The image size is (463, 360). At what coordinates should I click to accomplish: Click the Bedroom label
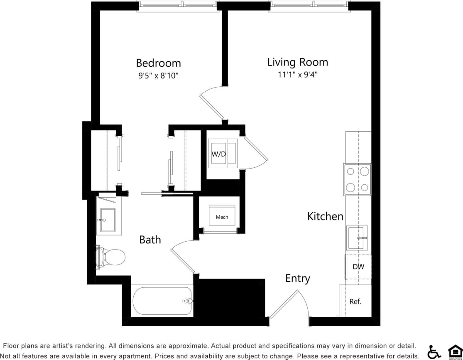[x=158, y=63]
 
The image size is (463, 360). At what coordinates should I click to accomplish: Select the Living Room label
[x=297, y=62]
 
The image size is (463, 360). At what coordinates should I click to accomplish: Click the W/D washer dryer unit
[x=222, y=154]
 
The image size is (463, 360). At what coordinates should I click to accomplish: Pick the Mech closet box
[x=222, y=217]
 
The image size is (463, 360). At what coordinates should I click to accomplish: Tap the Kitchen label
[x=325, y=216]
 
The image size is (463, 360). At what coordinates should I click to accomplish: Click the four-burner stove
[x=357, y=179]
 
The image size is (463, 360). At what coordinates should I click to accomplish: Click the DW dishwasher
[x=358, y=267]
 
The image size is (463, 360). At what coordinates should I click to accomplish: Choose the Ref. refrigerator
[x=355, y=301]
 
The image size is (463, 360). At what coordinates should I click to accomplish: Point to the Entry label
[x=297, y=278]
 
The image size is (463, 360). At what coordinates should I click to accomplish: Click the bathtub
[x=162, y=301]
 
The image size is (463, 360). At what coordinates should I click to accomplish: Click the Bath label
[x=149, y=240]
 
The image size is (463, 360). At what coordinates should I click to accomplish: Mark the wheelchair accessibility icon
[x=434, y=352]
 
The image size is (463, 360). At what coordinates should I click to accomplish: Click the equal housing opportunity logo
[x=455, y=352]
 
